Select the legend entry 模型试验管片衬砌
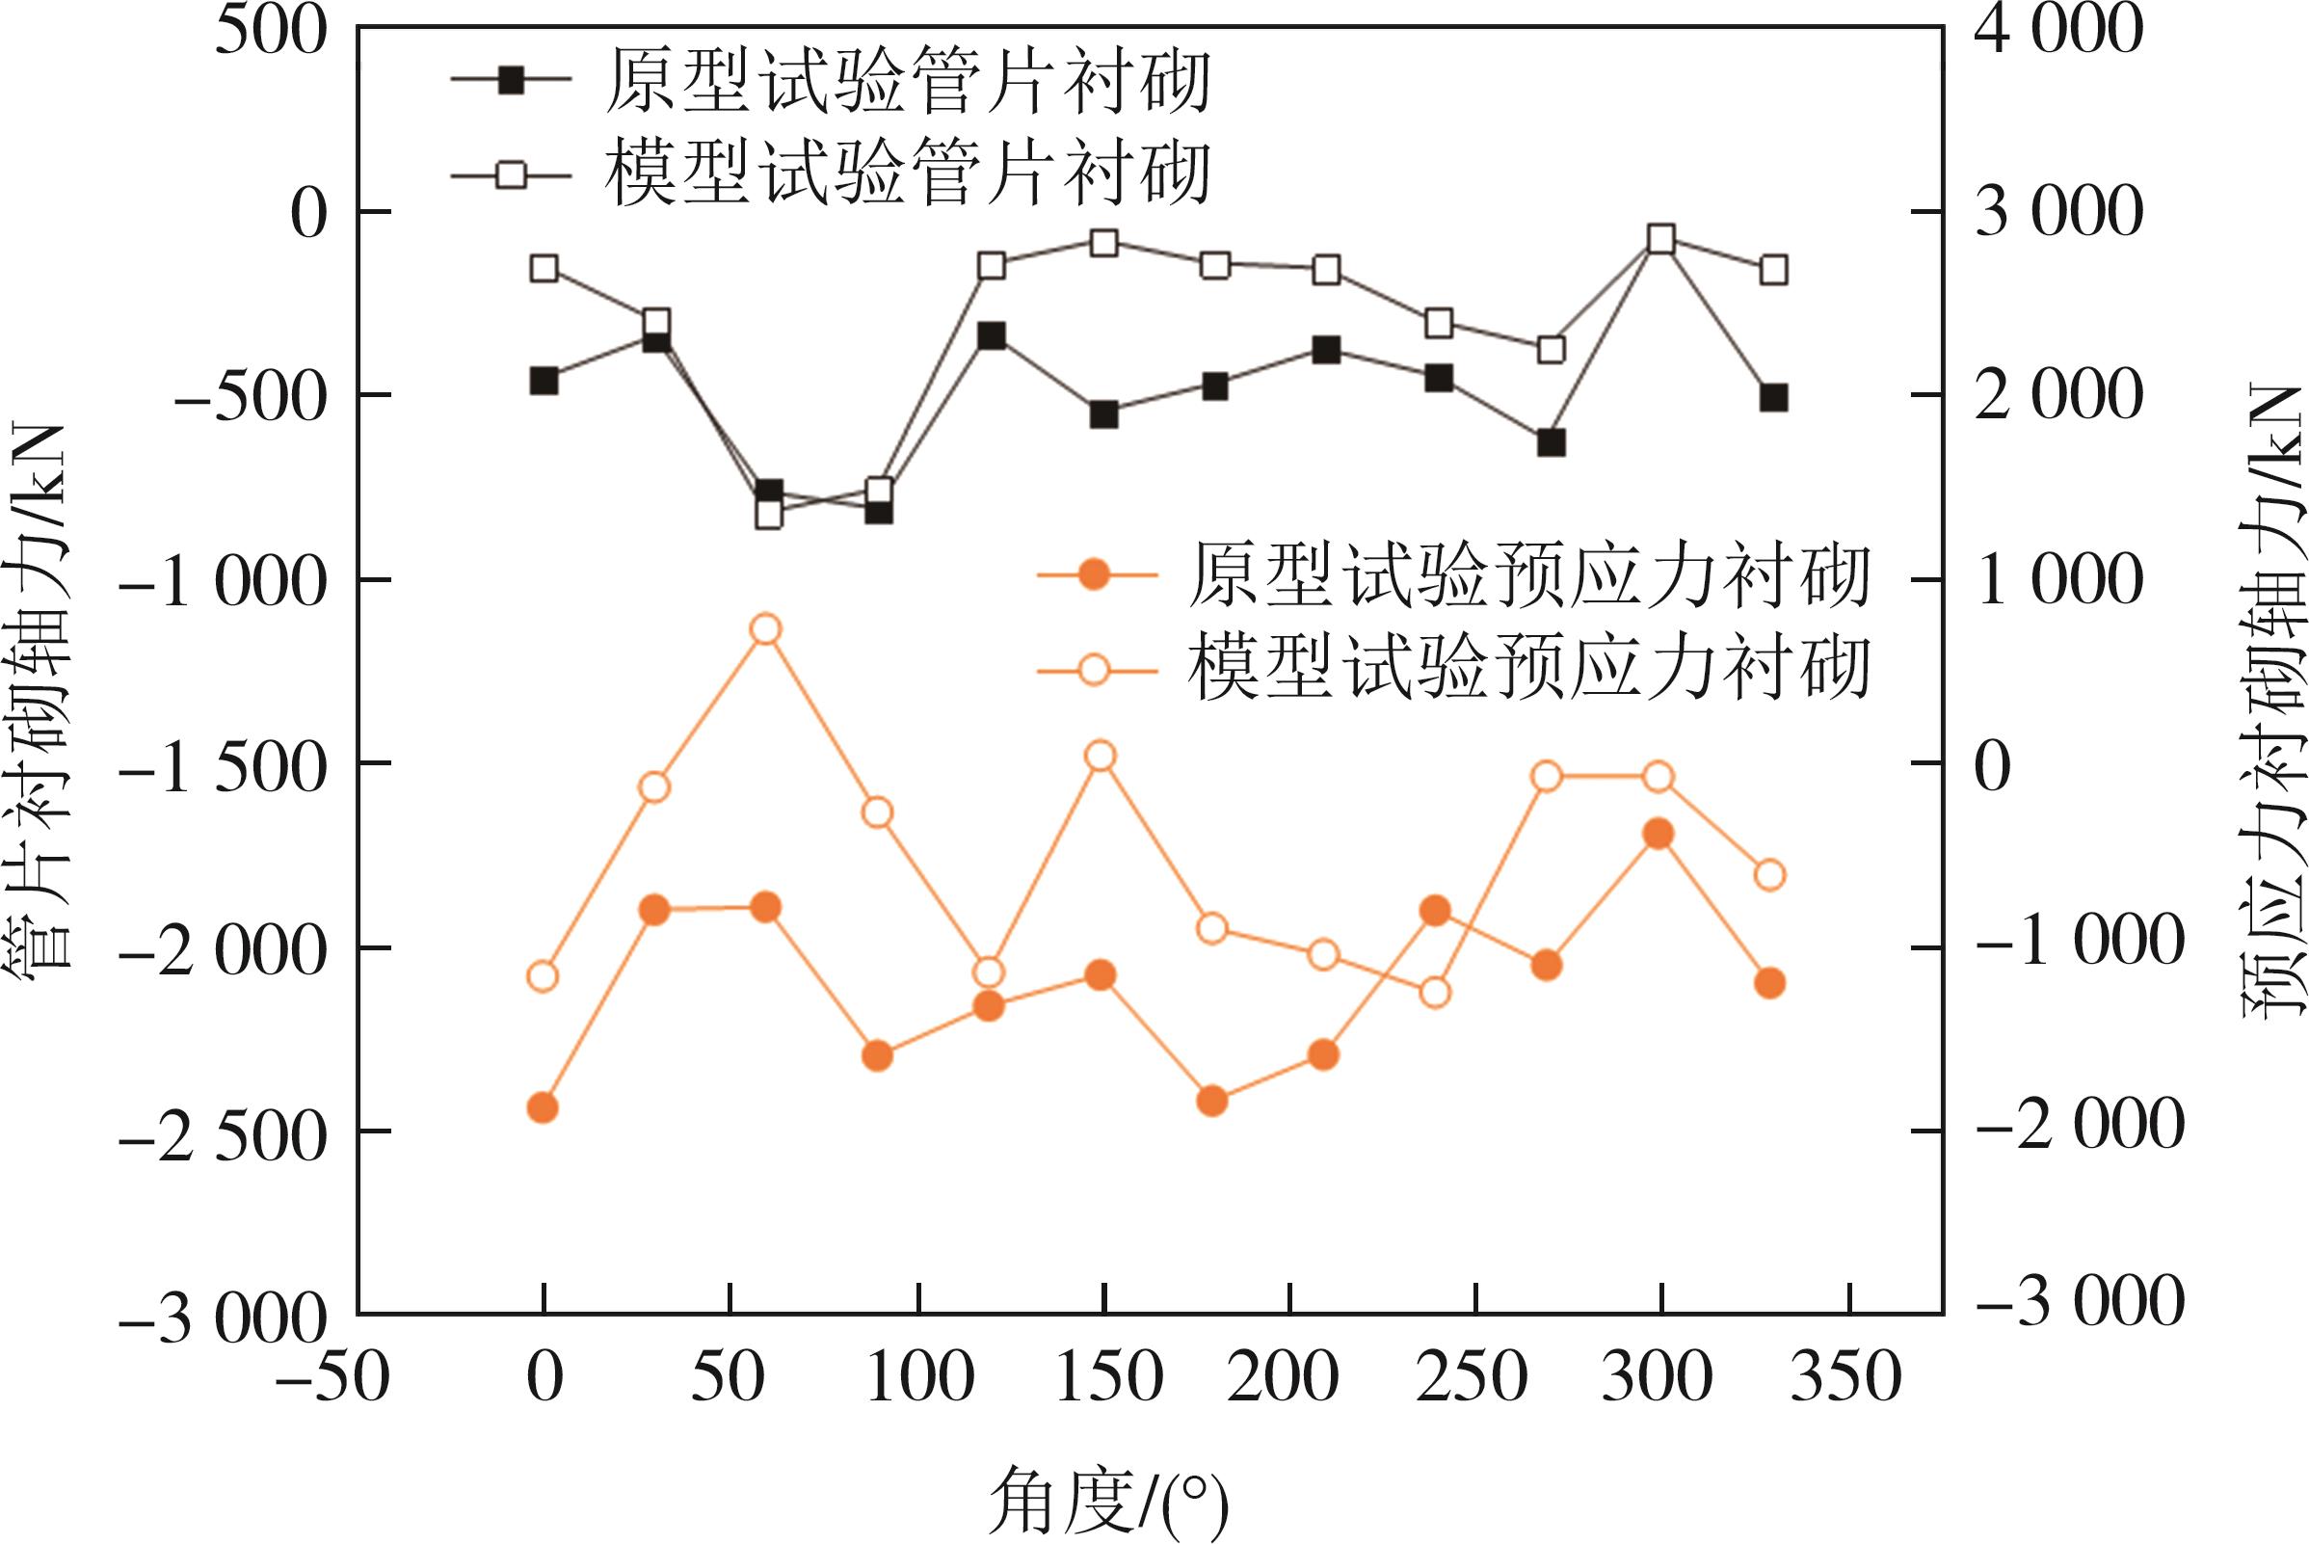click(906, 174)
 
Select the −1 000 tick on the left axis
click(222, 581)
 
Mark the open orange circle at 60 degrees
click(766, 629)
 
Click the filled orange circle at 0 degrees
click(543, 1107)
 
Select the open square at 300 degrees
click(1662, 238)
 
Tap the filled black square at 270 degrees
click(1551, 443)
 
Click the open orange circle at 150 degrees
click(1101, 757)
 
